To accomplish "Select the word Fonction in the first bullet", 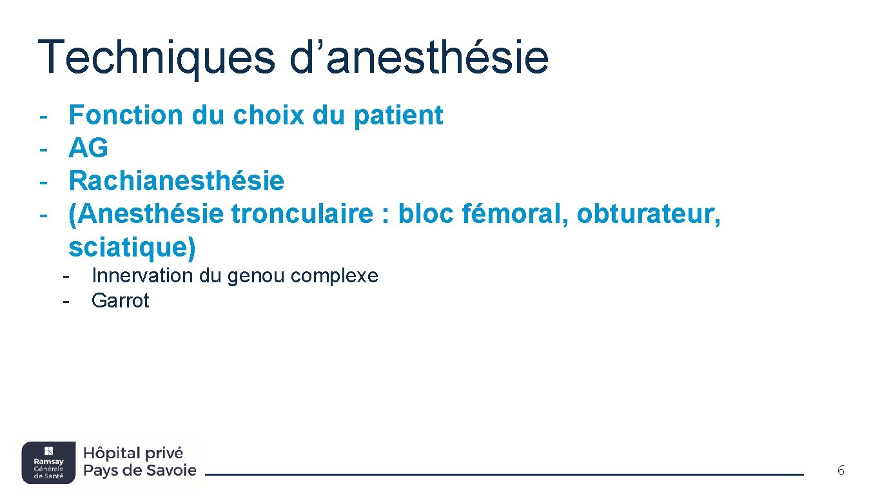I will point(126,115).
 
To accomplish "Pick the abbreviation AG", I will point(88,148).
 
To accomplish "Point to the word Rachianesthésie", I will point(176,181).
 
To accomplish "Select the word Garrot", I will point(121,301).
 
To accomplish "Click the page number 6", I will point(841,471).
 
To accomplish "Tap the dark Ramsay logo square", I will point(48,462).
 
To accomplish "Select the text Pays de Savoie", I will point(140,471).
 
